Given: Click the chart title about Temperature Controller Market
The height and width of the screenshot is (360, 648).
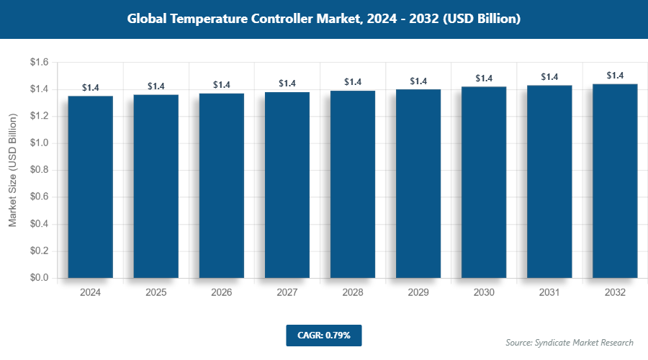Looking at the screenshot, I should [323, 19].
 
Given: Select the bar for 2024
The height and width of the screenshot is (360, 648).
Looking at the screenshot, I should [91, 187].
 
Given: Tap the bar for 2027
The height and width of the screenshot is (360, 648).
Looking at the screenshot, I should [287, 185].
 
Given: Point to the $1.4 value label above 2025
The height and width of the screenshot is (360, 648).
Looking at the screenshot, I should [156, 86].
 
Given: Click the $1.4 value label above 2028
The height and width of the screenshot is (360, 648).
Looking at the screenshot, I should [353, 82].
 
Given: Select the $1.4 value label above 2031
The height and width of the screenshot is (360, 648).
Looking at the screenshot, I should [549, 77].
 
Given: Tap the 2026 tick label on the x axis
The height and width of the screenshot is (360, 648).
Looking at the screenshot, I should [222, 293].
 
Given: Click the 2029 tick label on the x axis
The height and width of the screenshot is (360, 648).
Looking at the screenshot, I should [418, 293].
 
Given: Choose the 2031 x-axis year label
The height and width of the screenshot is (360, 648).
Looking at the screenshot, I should [549, 293].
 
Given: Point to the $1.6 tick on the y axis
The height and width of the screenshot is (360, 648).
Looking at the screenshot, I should [39, 63].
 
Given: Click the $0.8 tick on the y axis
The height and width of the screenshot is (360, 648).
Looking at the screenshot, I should [39, 170].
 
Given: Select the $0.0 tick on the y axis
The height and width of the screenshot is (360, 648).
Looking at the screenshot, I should [39, 278].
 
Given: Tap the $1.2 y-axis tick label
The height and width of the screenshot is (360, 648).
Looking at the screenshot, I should [39, 117].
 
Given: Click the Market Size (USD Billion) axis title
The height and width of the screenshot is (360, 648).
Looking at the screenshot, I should [13, 171].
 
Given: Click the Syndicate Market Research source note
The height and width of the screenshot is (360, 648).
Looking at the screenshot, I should [570, 342].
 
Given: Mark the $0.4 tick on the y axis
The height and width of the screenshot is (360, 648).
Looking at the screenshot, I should [39, 224].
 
